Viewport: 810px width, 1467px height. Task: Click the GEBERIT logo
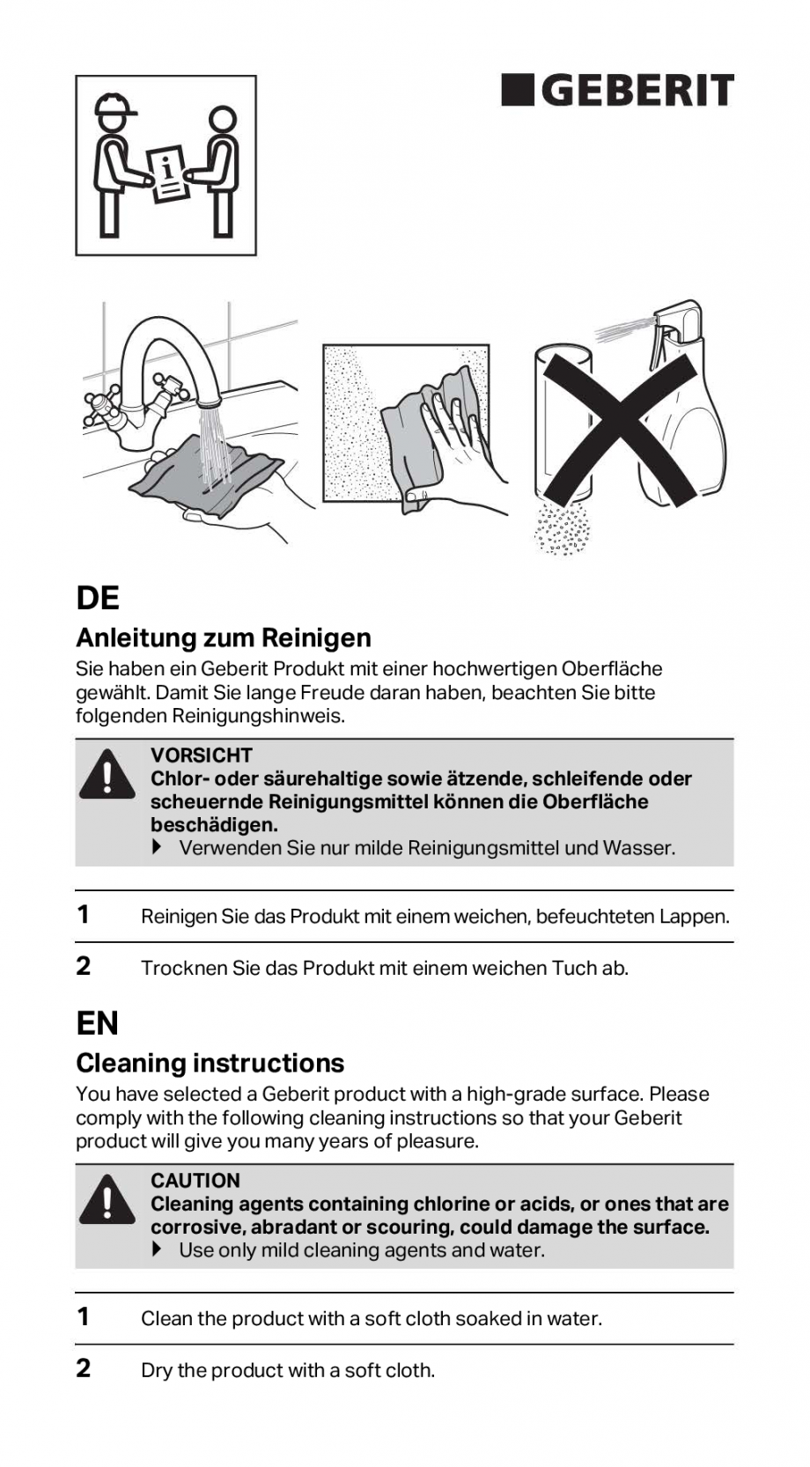tap(617, 91)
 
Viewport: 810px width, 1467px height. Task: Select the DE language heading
tap(98, 599)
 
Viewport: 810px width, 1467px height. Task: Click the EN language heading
tap(98, 1024)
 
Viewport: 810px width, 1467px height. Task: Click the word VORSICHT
tap(201, 756)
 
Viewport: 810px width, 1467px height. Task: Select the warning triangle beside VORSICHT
tap(107, 774)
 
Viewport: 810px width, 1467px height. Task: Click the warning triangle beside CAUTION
tap(107, 1199)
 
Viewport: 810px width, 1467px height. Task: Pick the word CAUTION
tap(195, 1181)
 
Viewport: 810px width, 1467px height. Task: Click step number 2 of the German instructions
tap(84, 967)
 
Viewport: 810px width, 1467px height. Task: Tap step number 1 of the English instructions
tap(84, 1317)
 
